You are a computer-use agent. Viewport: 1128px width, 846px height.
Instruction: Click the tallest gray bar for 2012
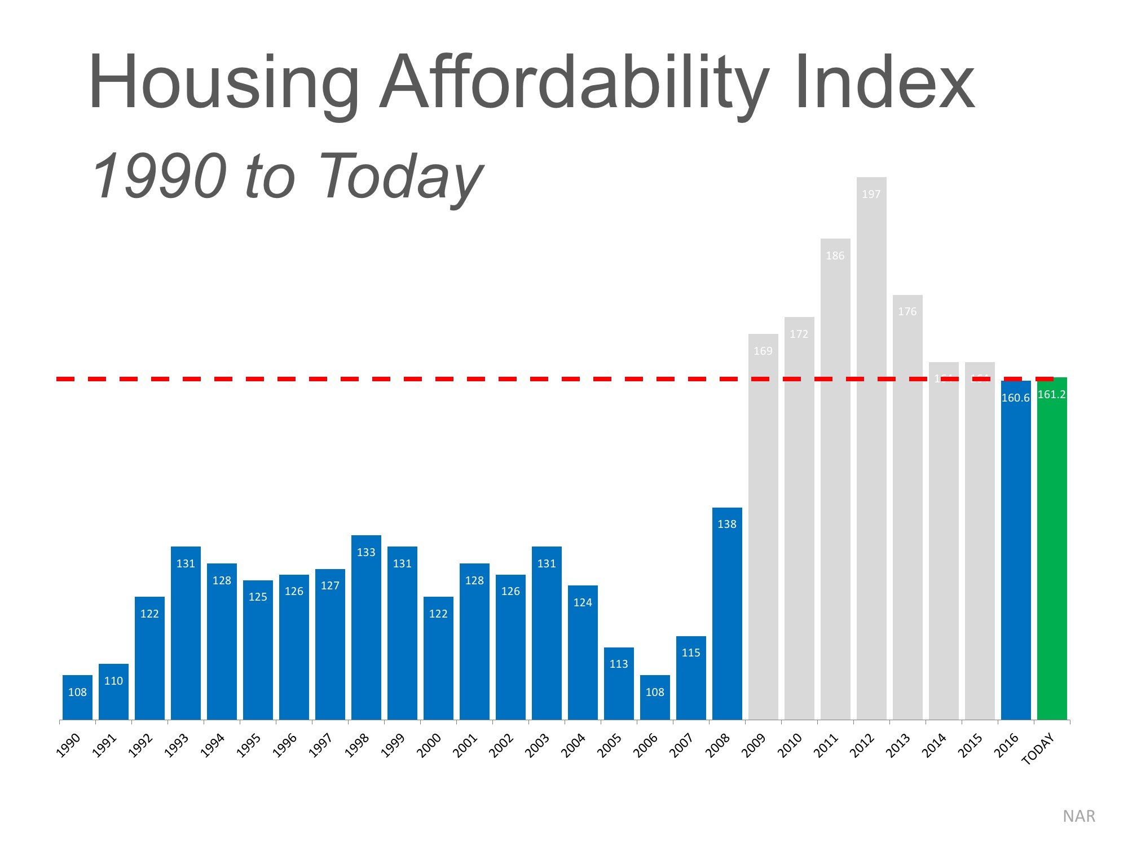click(871, 451)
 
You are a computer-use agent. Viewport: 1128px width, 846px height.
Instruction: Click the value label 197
click(871, 195)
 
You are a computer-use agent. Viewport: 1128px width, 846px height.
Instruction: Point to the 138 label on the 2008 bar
click(727, 525)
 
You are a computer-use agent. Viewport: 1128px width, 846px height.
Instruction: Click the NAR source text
click(1078, 816)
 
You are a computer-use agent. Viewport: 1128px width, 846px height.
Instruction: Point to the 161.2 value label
click(1052, 395)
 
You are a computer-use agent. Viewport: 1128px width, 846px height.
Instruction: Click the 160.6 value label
click(1015, 398)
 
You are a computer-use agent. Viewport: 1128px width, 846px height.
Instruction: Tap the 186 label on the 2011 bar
click(835, 256)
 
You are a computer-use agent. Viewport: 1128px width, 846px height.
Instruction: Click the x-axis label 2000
click(429, 746)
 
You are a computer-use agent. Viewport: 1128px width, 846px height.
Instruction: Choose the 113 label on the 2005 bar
click(619, 664)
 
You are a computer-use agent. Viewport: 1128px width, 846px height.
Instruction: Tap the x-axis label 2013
click(898, 746)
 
